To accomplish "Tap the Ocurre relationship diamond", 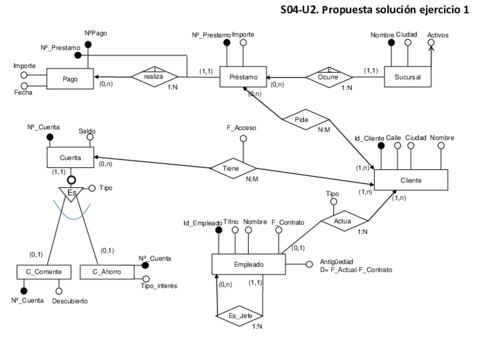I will [x=327, y=75].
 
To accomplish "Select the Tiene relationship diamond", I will [x=231, y=170].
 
